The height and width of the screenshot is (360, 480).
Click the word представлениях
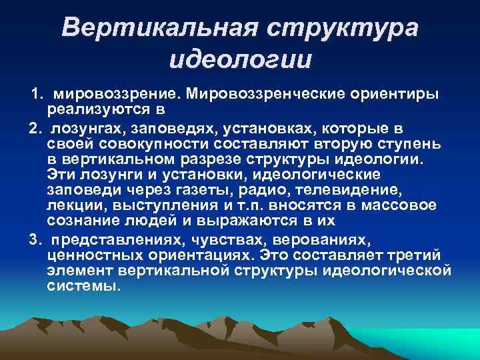pyautogui.click(x=123, y=239)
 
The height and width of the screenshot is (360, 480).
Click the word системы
pyautogui.click(x=85, y=287)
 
